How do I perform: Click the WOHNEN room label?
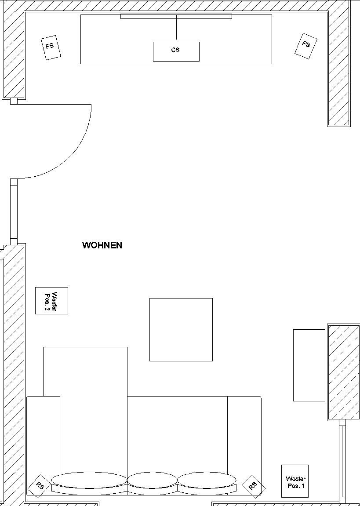point(102,245)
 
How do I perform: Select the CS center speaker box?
point(176,51)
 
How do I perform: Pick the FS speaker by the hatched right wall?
point(306,45)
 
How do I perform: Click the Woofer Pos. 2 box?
point(51,301)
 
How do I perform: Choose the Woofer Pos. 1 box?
point(295,481)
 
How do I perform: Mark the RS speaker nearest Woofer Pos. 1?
point(254,486)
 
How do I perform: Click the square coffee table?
point(181,329)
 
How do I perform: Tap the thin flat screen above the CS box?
point(176,16)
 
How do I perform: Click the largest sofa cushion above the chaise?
point(89,480)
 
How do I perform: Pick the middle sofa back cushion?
point(152,480)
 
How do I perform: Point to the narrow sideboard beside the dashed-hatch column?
point(309,365)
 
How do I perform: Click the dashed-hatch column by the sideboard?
point(344,371)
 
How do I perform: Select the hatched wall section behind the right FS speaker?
point(339,66)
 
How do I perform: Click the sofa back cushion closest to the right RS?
point(207,481)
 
